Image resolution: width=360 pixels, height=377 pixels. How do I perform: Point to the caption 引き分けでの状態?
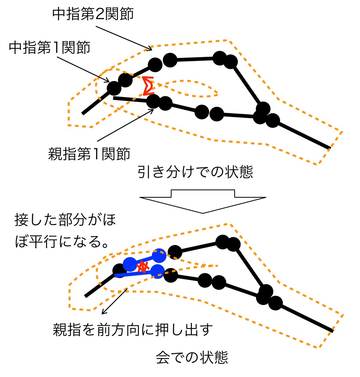point(195,172)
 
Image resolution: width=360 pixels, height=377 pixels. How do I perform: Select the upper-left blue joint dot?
point(129,264)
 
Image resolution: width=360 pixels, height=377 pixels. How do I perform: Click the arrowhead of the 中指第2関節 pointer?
point(150,49)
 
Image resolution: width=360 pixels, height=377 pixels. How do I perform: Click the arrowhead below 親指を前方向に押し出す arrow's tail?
point(103,313)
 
